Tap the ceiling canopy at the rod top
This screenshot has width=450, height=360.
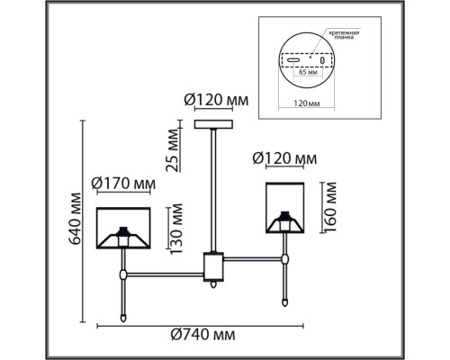[214, 124]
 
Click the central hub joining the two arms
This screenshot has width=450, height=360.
[213, 266]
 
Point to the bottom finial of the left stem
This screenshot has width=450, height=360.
[122, 317]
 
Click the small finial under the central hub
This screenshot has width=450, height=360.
[213, 287]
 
